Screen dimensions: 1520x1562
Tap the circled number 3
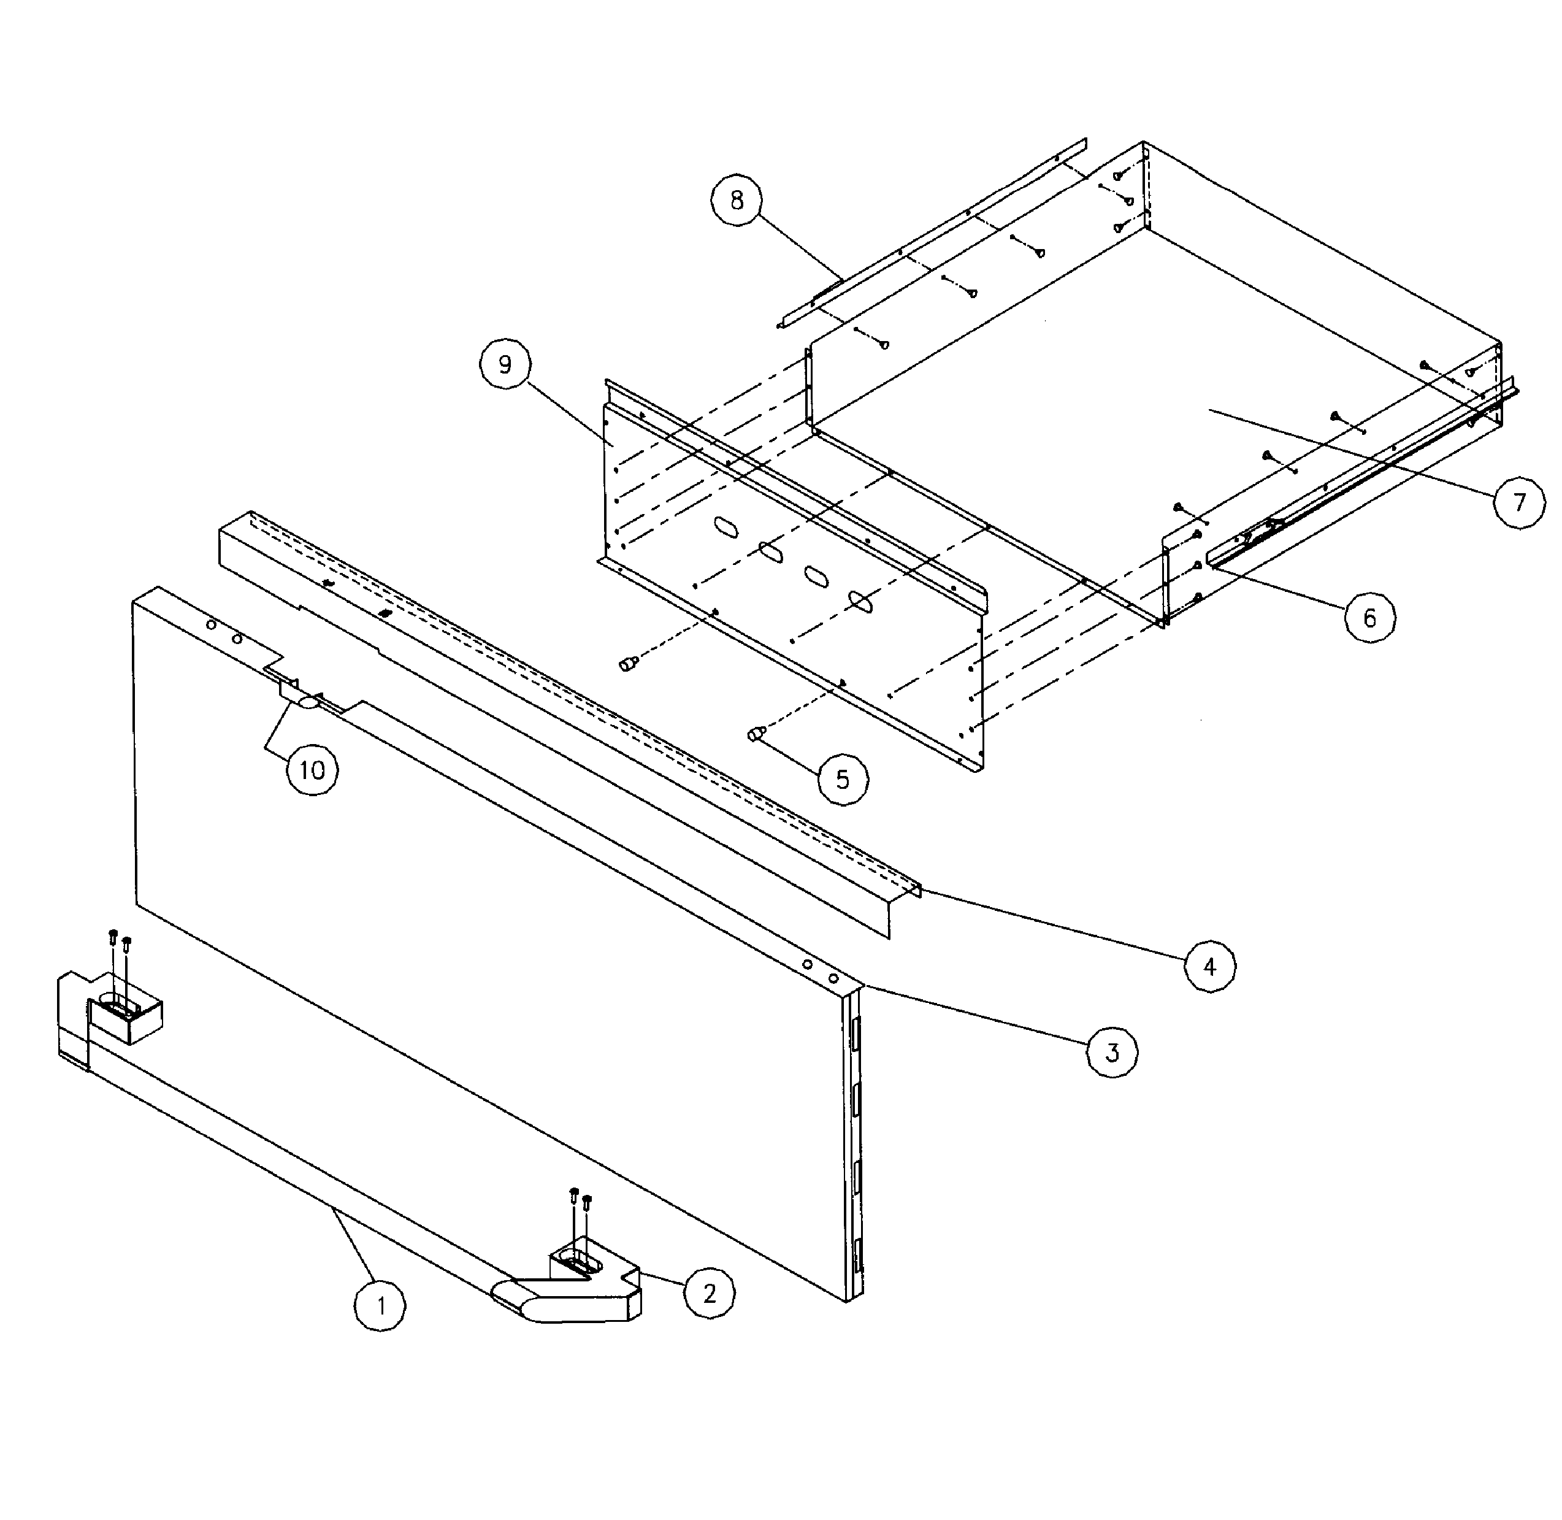(x=1112, y=1052)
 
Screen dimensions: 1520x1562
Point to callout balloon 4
(x=1209, y=967)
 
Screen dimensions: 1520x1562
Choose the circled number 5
(x=843, y=779)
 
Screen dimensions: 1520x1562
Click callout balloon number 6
(x=1369, y=617)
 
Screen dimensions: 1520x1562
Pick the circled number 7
(x=1519, y=502)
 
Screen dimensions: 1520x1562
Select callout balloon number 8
(x=736, y=199)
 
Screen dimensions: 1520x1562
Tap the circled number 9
(x=505, y=365)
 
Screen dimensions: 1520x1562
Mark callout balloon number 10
(x=312, y=770)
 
